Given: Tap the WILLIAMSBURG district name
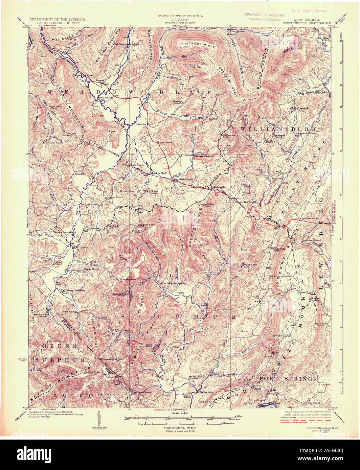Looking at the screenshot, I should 278,129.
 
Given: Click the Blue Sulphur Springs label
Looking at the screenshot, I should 173,283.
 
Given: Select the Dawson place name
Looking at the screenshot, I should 83,247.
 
